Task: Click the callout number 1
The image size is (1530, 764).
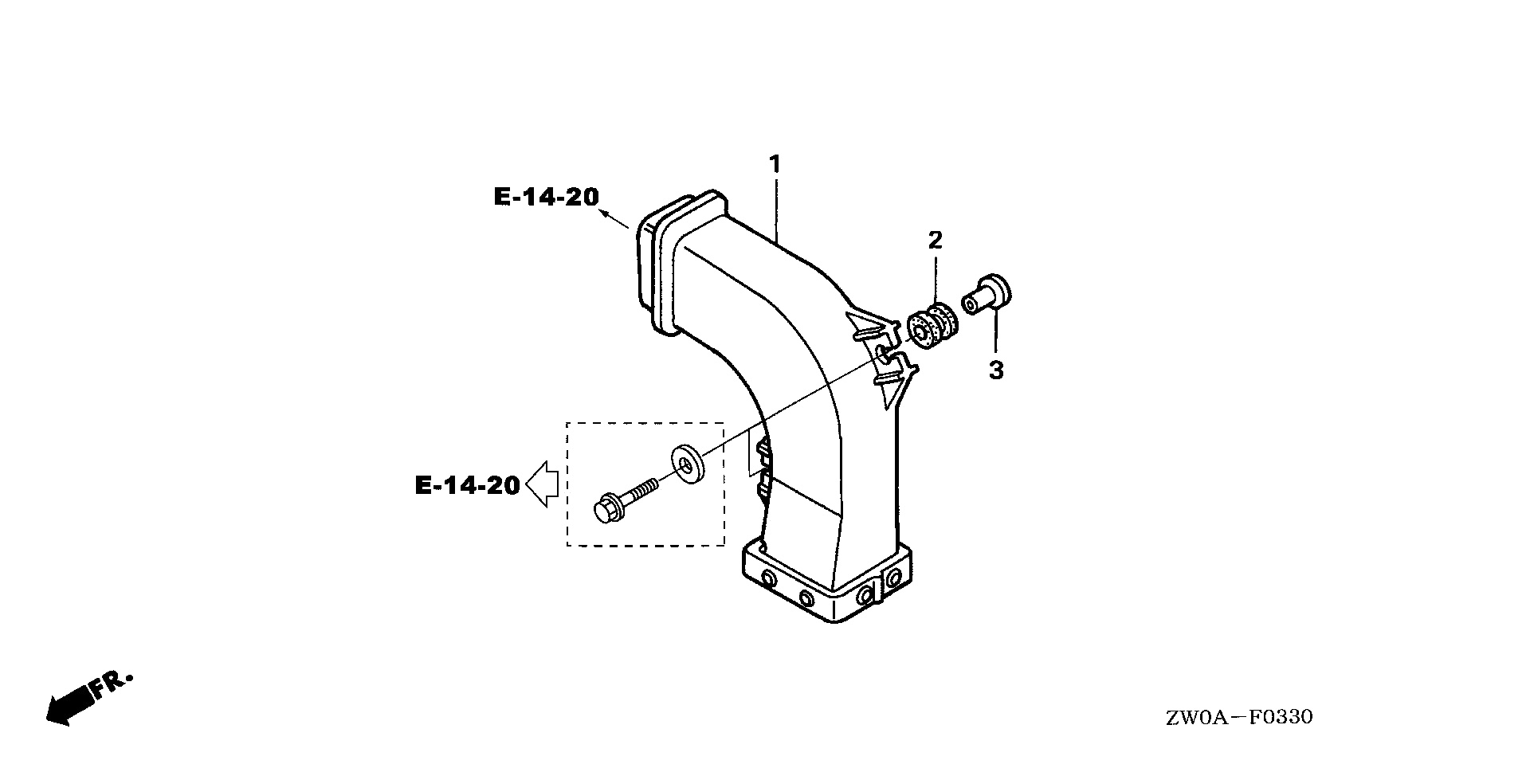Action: coord(774,165)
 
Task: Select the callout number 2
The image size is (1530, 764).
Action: coord(935,239)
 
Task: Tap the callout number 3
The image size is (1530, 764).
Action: coord(996,370)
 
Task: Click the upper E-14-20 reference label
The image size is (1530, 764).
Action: coord(546,197)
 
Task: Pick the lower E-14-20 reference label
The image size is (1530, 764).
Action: coord(467,484)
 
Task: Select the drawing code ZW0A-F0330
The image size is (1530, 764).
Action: coord(1239,718)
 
